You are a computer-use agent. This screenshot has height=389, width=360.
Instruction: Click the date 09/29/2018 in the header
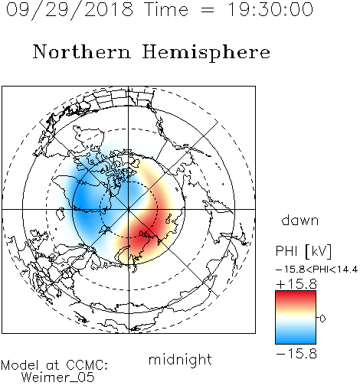(70, 10)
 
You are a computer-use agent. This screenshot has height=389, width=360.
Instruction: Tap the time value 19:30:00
(270, 9)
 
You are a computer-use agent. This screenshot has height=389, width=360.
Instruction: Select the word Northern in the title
(82, 51)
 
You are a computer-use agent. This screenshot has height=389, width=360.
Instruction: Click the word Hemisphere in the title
(206, 53)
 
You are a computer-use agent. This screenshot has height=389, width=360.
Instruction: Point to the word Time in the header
(166, 9)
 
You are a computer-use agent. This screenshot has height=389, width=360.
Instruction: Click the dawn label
(300, 220)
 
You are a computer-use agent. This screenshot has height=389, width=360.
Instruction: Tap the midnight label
(180, 359)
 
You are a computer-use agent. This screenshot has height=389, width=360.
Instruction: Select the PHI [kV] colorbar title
(303, 251)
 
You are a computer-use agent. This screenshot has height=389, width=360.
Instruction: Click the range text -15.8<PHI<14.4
(316, 270)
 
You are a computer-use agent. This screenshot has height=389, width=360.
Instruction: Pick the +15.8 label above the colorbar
(296, 284)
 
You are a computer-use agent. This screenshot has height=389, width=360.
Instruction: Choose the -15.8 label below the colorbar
(296, 354)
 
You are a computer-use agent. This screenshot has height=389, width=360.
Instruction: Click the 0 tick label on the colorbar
(322, 319)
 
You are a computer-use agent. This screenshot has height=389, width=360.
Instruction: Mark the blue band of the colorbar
(296, 337)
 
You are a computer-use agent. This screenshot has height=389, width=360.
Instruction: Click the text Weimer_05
(58, 378)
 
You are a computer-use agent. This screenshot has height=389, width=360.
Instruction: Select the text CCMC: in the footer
(87, 365)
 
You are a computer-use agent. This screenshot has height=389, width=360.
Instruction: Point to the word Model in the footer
(20, 365)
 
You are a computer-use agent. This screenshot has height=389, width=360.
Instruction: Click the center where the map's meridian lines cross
(129, 209)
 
